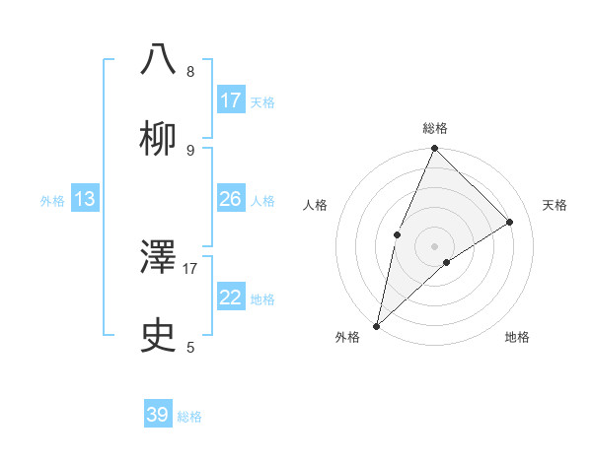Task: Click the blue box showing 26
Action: click(x=231, y=199)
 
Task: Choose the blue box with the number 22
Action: click(x=231, y=298)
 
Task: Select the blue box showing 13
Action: click(x=85, y=199)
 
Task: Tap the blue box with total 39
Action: click(x=158, y=415)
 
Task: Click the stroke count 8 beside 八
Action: click(x=190, y=71)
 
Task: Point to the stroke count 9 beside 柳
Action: click(x=190, y=150)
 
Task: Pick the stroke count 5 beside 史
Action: click(x=190, y=347)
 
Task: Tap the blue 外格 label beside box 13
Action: click(x=52, y=201)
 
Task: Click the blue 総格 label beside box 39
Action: click(x=189, y=417)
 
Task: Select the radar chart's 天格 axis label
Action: click(x=555, y=205)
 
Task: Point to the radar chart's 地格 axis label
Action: click(x=517, y=338)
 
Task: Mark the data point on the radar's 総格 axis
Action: click(x=434, y=149)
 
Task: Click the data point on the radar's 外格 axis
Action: click(x=376, y=325)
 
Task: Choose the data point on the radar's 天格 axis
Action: click(x=510, y=222)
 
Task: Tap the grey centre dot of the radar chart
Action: click(x=434, y=245)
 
